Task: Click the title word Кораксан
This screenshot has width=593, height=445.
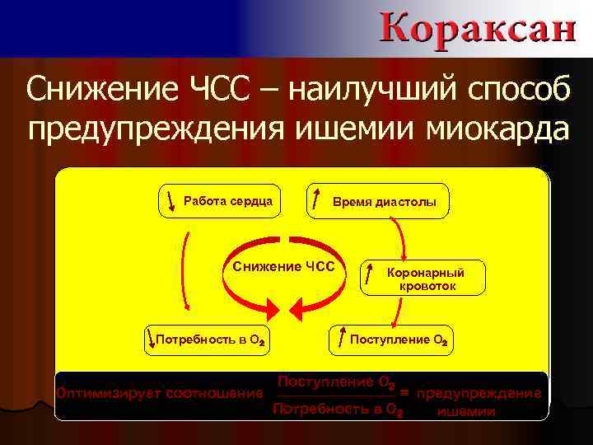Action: point(478,27)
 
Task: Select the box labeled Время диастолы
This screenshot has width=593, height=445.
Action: point(378,200)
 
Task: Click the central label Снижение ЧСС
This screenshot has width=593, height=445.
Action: point(284,266)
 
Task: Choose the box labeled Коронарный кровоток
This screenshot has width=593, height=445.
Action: point(423,279)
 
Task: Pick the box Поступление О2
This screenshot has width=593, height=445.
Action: point(391,339)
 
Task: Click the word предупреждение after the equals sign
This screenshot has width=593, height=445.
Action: point(479,393)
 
